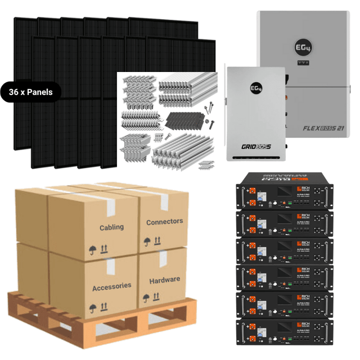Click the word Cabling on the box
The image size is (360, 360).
click(x=111, y=228)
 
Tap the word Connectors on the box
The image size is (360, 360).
click(x=164, y=222)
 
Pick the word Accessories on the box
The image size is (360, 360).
click(x=111, y=286)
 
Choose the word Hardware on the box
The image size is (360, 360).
click(x=164, y=280)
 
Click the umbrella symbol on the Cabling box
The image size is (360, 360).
click(x=92, y=249)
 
